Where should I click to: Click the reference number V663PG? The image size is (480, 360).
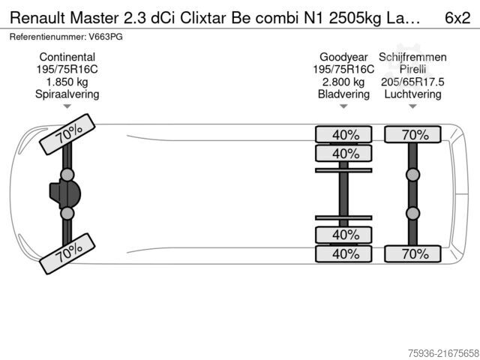[x=106, y=37]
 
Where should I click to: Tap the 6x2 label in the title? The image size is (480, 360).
[x=457, y=18]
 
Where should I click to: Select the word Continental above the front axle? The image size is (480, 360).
[x=67, y=57]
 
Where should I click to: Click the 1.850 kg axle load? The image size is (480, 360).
[x=67, y=82]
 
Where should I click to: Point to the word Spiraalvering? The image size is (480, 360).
[x=67, y=94]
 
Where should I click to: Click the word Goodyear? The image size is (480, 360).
[x=343, y=57]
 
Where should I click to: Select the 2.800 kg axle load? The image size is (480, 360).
[x=343, y=82]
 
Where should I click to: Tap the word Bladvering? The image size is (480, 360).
[x=343, y=94]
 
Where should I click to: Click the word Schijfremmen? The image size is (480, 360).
[x=412, y=57]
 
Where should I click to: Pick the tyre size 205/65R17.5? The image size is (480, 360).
[x=412, y=82]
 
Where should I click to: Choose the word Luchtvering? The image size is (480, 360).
[x=412, y=94]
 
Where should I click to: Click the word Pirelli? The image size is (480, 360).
[x=412, y=69]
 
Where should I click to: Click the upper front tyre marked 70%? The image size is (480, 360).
[x=67, y=134]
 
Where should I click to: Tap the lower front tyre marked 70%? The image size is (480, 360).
[x=67, y=253]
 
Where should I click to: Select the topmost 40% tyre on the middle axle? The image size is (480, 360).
[x=343, y=135]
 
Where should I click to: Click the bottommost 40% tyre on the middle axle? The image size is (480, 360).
[x=343, y=253]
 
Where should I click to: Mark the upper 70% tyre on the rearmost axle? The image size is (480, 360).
[x=412, y=135]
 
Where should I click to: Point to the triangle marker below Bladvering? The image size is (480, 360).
[x=343, y=106]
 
